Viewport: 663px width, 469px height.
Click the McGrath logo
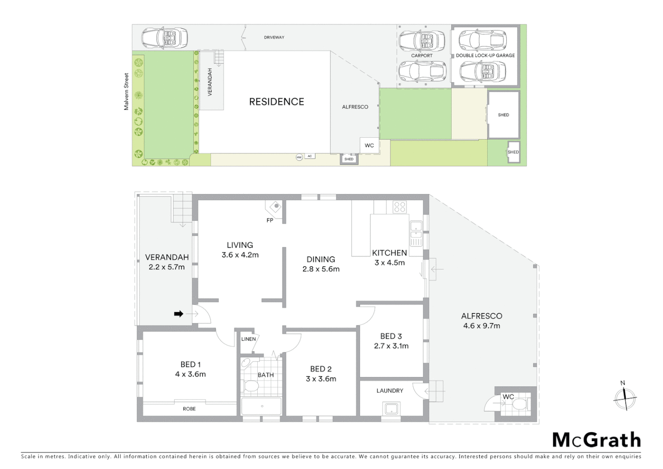click(597, 440)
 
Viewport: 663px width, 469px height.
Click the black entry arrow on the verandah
click(178, 314)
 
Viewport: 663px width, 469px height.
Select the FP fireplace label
click(270, 220)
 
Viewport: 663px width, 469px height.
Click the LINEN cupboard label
click(248, 339)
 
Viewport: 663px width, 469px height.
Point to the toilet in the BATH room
click(251, 386)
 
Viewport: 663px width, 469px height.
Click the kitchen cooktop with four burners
click(400, 207)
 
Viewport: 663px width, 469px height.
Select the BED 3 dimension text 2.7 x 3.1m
click(391, 346)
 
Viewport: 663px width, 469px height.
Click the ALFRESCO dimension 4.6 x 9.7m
click(481, 326)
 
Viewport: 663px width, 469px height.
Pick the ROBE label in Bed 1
click(189, 409)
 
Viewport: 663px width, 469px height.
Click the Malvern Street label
click(126, 91)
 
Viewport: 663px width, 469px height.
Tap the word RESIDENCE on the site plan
click(276, 102)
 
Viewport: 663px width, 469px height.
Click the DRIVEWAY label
click(274, 37)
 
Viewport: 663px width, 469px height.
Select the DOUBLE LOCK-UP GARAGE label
click(485, 56)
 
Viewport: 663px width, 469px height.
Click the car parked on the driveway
click(164, 38)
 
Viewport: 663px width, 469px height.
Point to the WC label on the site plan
click(369, 145)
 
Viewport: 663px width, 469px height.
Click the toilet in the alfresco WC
click(519, 405)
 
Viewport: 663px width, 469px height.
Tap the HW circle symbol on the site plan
click(299, 157)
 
